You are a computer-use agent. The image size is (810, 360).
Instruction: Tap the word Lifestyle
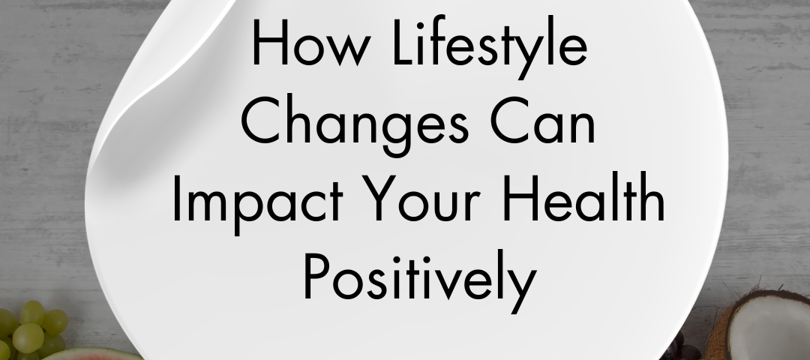coord(490,47)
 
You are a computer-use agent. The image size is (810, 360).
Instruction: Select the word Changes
coord(354,123)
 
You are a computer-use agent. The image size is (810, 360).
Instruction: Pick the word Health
coord(583,198)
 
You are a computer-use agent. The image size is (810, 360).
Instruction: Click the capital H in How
coord(270,43)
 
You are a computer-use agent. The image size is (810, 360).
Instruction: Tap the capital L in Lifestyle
coord(405,43)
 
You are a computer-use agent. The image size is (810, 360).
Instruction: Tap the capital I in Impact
coord(177,199)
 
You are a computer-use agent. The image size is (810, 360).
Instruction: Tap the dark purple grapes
coord(681,349)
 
